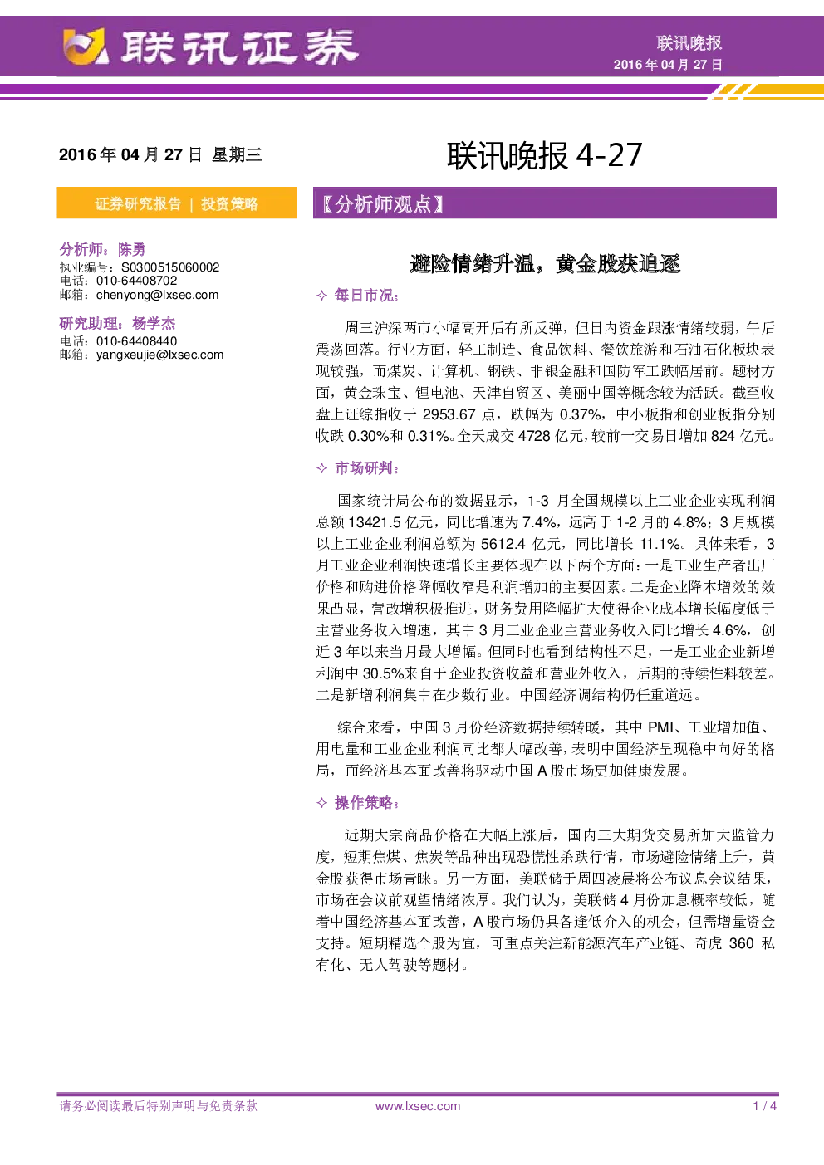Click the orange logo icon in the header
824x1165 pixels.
(85, 47)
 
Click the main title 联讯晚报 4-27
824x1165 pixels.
(545, 155)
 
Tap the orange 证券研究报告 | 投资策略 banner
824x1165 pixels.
(177, 203)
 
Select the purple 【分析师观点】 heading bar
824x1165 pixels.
(545, 203)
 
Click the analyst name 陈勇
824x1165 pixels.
(131, 250)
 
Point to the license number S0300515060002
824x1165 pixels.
(170, 267)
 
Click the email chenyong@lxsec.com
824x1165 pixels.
(157, 295)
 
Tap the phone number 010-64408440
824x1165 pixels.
(136, 341)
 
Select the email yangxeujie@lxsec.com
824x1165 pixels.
(159, 355)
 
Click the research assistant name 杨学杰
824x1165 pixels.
(154, 324)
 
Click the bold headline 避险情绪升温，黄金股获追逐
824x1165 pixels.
(545, 264)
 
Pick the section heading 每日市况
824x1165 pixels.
(366, 296)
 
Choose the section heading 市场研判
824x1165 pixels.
(366, 468)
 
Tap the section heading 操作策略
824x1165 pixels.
(366, 803)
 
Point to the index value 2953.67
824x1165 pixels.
(449, 414)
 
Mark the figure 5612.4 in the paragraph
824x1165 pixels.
(503, 544)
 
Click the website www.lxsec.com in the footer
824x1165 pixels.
(418, 1106)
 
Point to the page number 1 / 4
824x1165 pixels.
(765, 1106)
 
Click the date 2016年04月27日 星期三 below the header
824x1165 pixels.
(160, 154)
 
